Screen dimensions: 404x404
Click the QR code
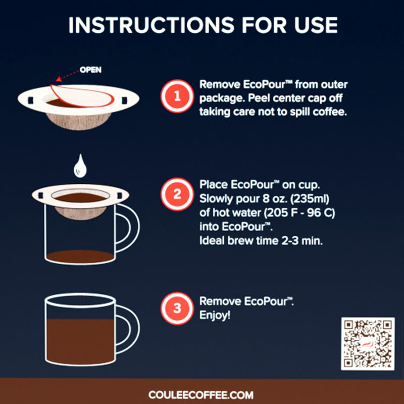[367, 343]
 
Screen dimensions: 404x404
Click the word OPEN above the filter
[90, 70]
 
